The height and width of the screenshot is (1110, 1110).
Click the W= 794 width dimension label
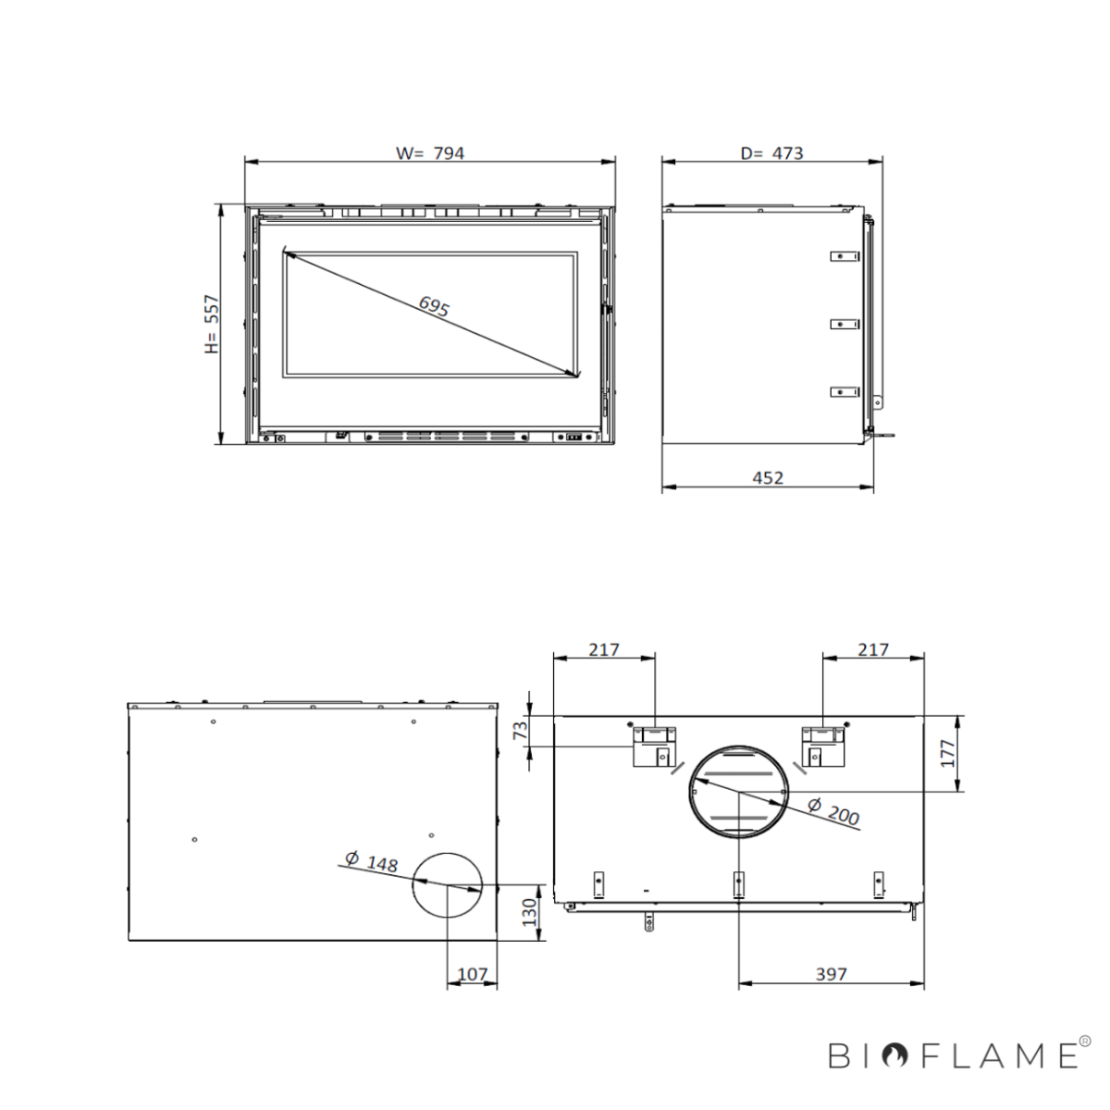click(430, 154)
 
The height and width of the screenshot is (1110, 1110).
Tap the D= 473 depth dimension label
click(771, 154)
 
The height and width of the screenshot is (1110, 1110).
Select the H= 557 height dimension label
click(212, 324)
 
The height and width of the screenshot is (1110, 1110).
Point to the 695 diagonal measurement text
click(433, 306)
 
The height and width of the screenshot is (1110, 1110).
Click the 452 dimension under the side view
click(768, 478)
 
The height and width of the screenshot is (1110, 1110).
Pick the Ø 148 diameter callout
click(372, 861)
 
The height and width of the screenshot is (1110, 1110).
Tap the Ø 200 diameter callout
click(833, 811)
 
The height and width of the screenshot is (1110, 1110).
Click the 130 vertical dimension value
click(528, 912)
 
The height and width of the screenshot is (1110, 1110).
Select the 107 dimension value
click(473, 974)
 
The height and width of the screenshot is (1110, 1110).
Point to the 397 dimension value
click(832, 974)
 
